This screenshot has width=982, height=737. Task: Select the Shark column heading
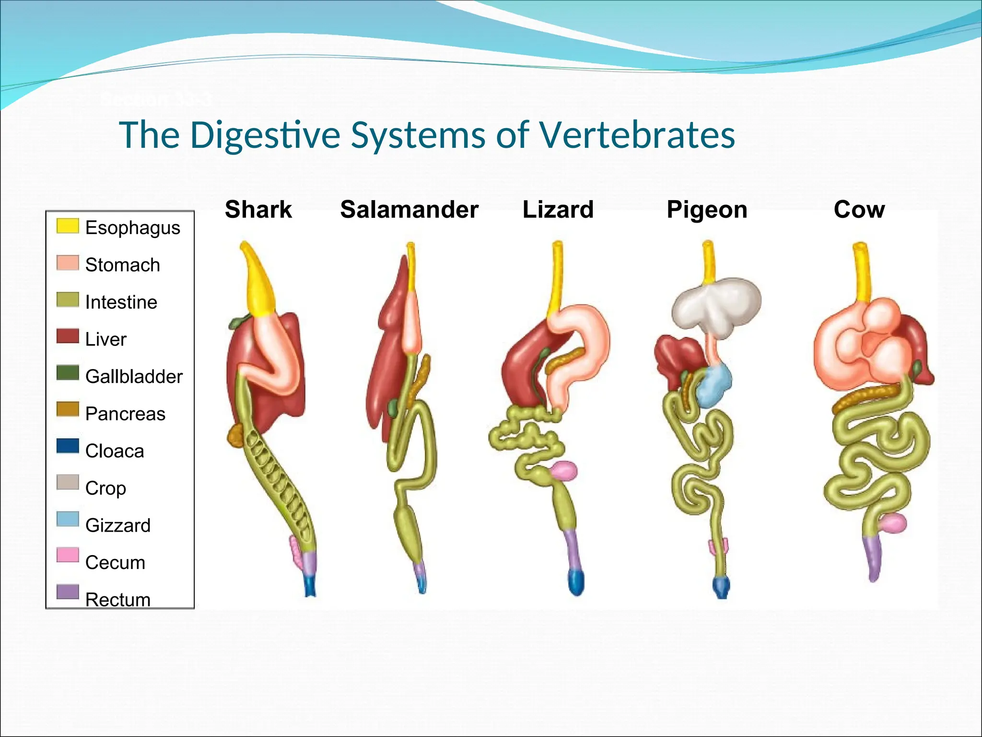(258, 210)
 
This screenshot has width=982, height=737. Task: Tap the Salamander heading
(409, 210)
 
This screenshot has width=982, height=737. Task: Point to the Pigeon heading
(707, 210)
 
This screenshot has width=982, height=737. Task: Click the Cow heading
(859, 210)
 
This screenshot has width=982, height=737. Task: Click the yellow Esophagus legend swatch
(67, 226)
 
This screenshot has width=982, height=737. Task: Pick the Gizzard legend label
(118, 525)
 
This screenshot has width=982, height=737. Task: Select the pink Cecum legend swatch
(67, 555)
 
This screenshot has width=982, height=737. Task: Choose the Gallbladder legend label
(134, 377)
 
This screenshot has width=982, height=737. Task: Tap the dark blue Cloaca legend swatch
(67, 446)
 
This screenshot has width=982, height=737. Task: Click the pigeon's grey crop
(715, 303)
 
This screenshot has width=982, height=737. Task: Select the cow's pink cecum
(892, 523)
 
